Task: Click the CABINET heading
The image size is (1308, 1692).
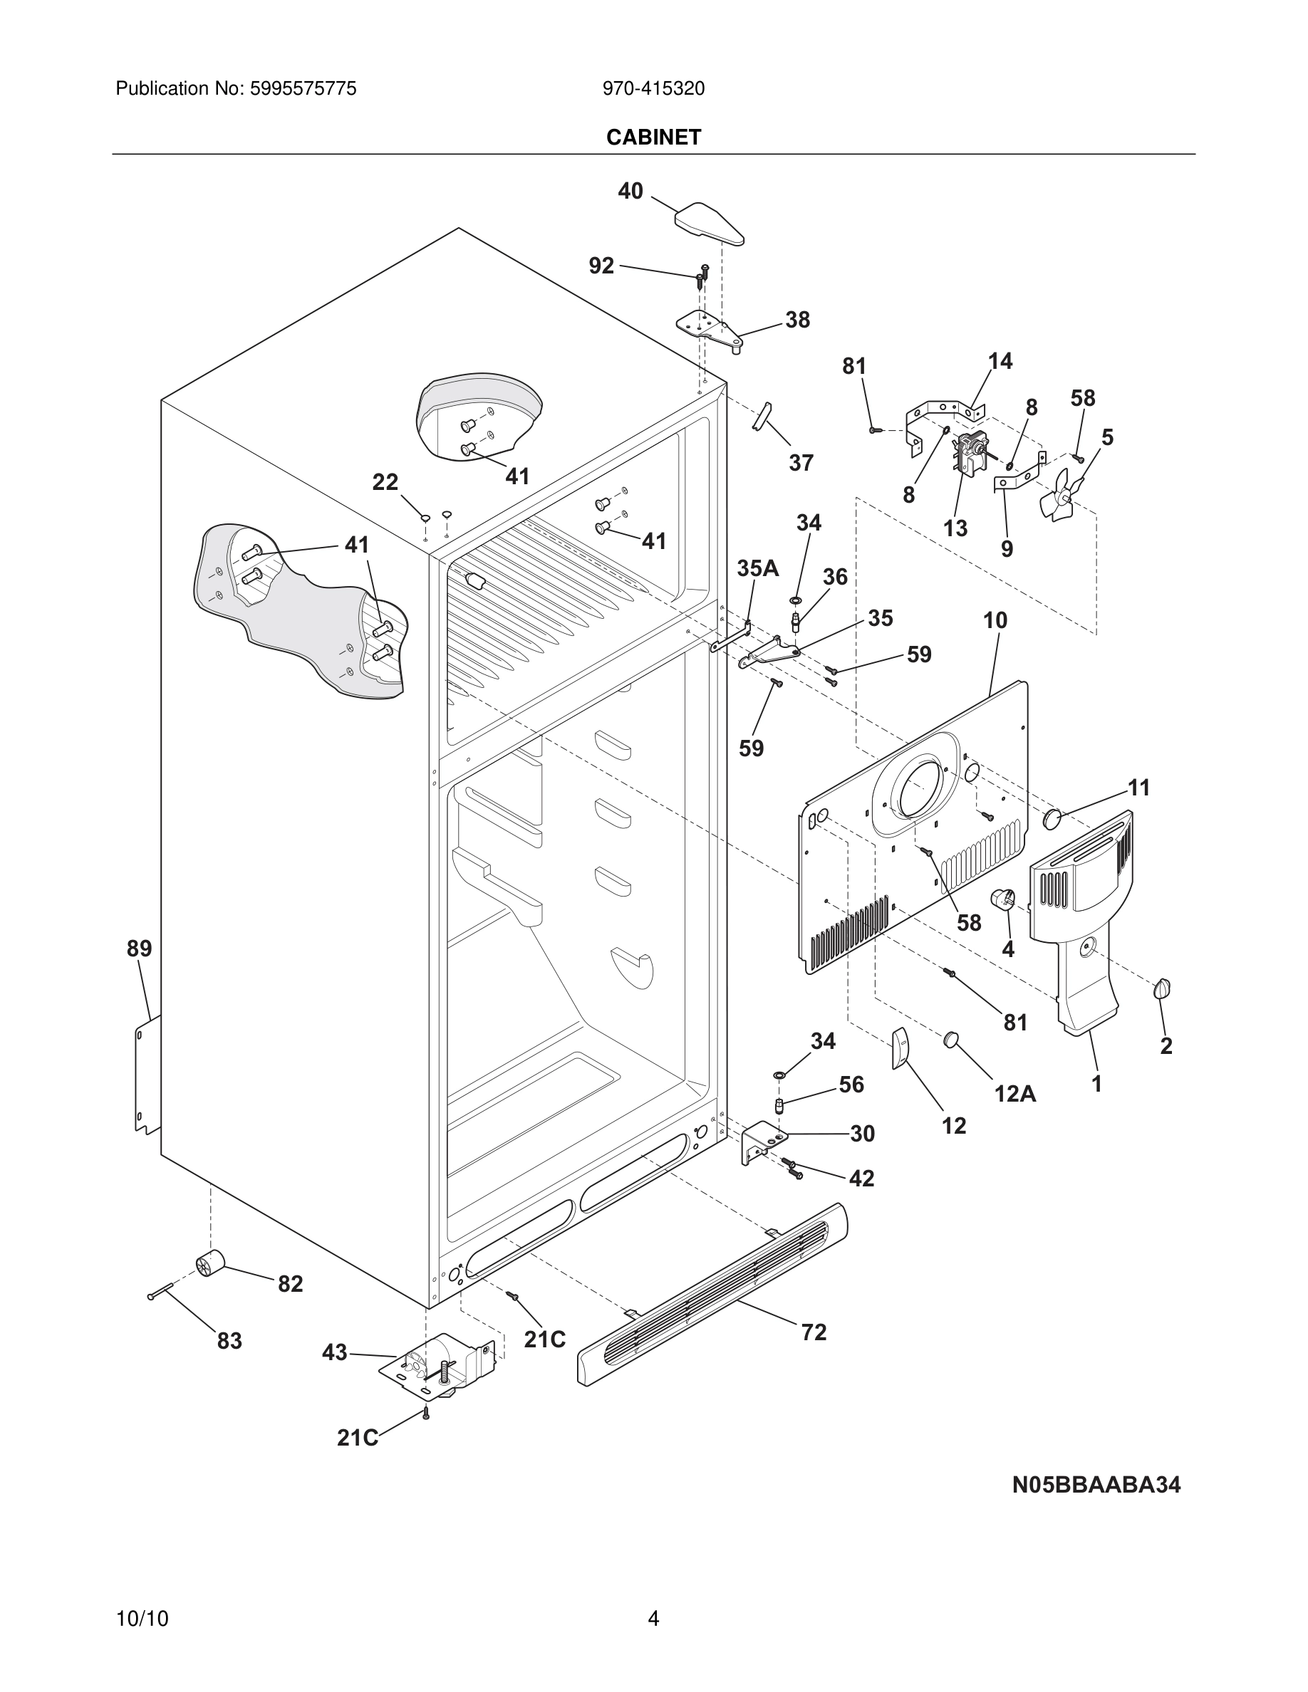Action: click(653, 137)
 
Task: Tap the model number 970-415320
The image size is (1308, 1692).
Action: click(653, 89)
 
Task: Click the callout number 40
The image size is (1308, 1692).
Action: click(630, 191)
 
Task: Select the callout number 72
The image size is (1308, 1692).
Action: click(814, 1332)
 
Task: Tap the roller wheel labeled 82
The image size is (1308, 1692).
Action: click(209, 1263)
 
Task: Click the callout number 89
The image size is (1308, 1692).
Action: click(140, 949)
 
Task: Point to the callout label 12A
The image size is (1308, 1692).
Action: click(1015, 1093)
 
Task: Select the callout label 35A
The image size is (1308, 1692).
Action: click(757, 568)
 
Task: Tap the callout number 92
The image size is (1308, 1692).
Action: click(601, 266)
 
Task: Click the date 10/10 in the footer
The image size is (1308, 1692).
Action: click(142, 1619)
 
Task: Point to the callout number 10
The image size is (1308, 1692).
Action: click(995, 620)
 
